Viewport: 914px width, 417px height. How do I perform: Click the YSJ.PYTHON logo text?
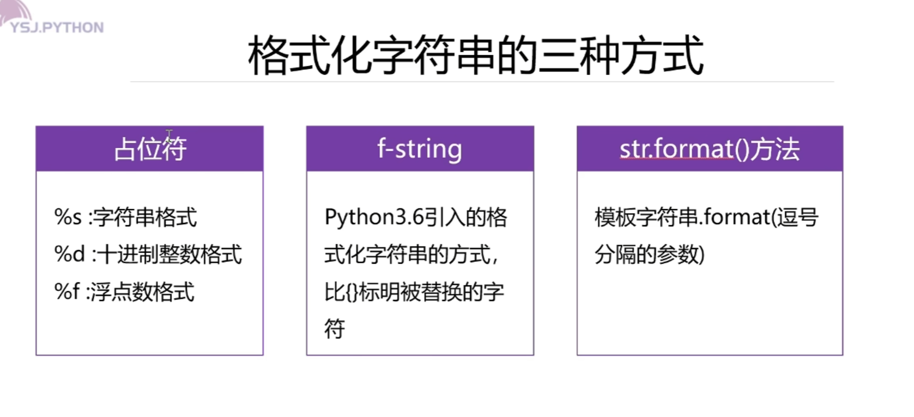pos(57,27)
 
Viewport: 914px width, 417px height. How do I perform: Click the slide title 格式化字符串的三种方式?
pos(475,56)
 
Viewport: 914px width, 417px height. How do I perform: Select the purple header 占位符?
pos(150,149)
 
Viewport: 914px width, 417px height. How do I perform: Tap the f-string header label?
pos(419,149)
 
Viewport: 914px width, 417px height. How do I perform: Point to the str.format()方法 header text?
pos(709,149)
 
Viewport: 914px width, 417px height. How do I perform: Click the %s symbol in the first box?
pos(68,217)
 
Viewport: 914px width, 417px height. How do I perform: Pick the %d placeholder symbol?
pos(69,254)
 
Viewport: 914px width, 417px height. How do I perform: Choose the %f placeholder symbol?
pos(66,291)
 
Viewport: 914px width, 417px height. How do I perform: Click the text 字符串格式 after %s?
pos(145,217)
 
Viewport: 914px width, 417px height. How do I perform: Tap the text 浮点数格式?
pos(142,291)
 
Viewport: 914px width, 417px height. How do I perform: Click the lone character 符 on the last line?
pos(335,329)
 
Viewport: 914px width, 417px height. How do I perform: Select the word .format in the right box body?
pos(735,217)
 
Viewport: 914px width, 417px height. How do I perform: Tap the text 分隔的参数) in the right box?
pos(649,254)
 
